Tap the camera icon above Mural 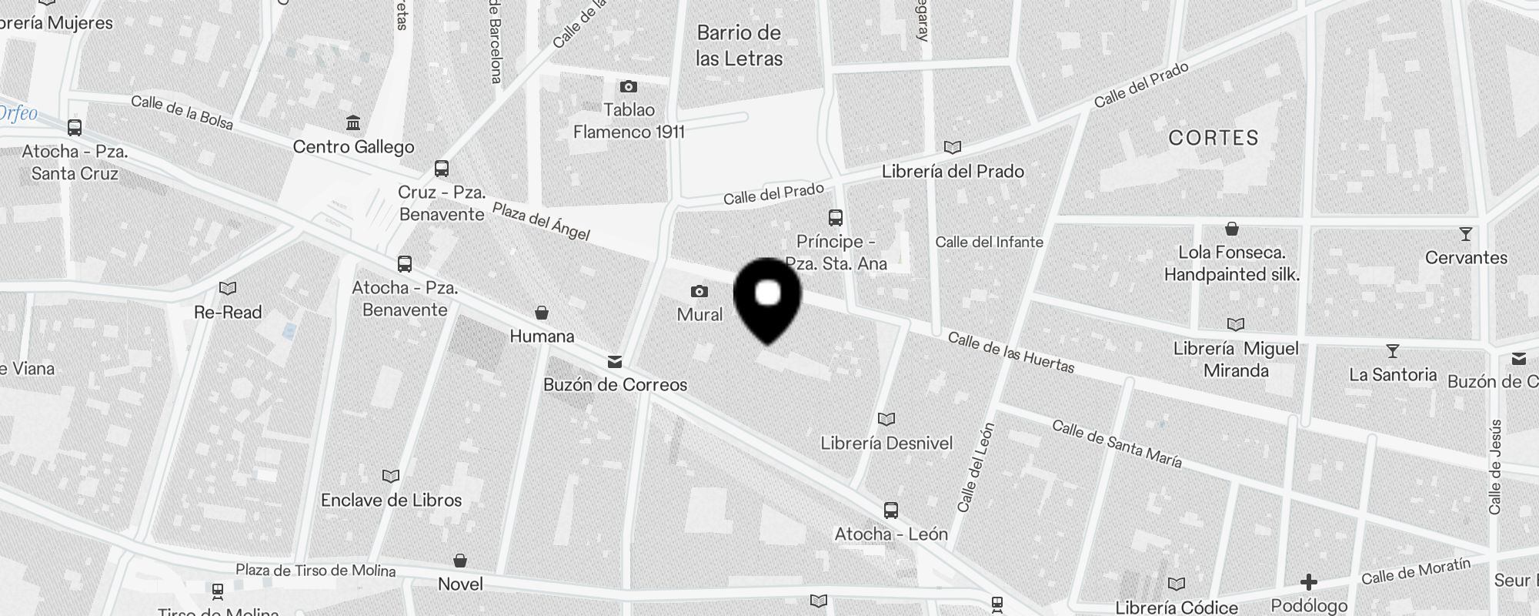pyautogui.click(x=699, y=291)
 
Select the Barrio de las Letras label pyautogui.click(x=739, y=45)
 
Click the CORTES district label pyautogui.click(x=1214, y=138)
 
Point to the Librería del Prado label pyautogui.click(x=953, y=171)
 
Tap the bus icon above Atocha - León pyautogui.click(x=891, y=510)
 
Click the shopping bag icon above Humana pyautogui.click(x=542, y=313)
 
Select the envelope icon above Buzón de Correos pyautogui.click(x=615, y=361)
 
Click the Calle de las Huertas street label pyautogui.click(x=1010, y=353)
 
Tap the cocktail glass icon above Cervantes pyautogui.click(x=1465, y=234)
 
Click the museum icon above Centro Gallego pyautogui.click(x=353, y=122)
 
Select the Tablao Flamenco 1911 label pyautogui.click(x=629, y=121)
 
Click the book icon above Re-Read pyautogui.click(x=228, y=288)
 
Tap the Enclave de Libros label pyautogui.click(x=391, y=500)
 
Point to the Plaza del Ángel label pyautogui.click(x=541, y=221)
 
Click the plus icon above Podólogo pyautogui.click(x=1309, y=582)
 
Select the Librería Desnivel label pyautogui.click(x=886, y=443)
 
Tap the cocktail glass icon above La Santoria pyautogui.click(x=1392, y=351)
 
